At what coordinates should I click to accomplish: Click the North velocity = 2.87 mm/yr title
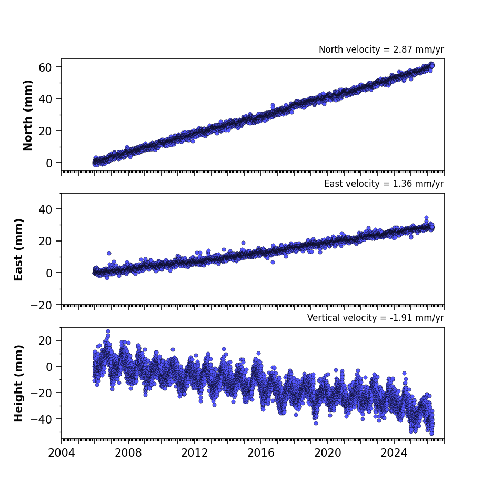pyautogui.click(x=381, y=49)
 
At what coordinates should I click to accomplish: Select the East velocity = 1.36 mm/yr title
pyautogui.click(x=384, y=184)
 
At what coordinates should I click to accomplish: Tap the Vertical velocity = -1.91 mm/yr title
pyautogui.click(x=376, y=318)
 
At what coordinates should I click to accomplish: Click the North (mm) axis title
pyautogui.click(x=28, y=115)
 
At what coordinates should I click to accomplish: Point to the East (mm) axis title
pyautogui.click(x=18, y=249)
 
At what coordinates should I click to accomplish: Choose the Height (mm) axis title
pyautogui.click(x=18, y=383)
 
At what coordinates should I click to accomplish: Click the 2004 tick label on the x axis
pyautogui.click(x=62, y=453)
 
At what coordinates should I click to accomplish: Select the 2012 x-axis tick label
pyautogui.click(x=195, y=453)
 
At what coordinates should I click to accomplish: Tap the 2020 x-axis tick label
pyautogui.click(x=328, y=453)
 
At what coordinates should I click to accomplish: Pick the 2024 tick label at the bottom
pyautogui.click(x=394, y=453)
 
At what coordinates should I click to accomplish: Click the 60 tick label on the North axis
pyautogui.click(x=45, y=67)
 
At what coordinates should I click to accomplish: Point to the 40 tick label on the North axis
pyautogui.click(x=45, y=99)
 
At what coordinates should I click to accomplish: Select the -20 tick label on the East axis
pyautogui.click(x=41, y=305)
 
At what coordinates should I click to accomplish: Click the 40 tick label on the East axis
pyautogui.click(x=45, y=209)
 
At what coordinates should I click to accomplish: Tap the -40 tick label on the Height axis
pyautogui.click(x=41, y=419)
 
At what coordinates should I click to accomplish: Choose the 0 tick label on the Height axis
pyautogui.click(x=49, y=367)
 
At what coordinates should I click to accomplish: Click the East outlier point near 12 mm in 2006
pyautogui.click(x=109, y=253)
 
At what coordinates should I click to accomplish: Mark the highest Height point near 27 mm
pyautogui.click(x=108, y=331)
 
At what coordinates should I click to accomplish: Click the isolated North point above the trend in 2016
pyautogui.click(x=273, y=105)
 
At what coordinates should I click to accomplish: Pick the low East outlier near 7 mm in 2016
pyautogui.click(x=273, y=262)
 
